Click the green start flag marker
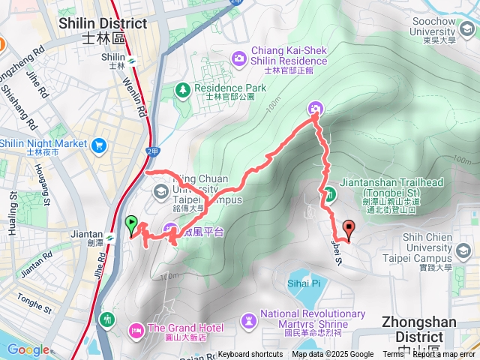pos(132,223)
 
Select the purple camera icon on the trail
pos(316,109)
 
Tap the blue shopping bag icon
pos(97,145)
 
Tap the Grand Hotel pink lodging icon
pos(137,329)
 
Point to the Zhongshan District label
pos(427,321)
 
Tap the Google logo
pos(28,349)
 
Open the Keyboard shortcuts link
pos(250,355)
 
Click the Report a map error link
pos(444,355)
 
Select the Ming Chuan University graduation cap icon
pos(160,192)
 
